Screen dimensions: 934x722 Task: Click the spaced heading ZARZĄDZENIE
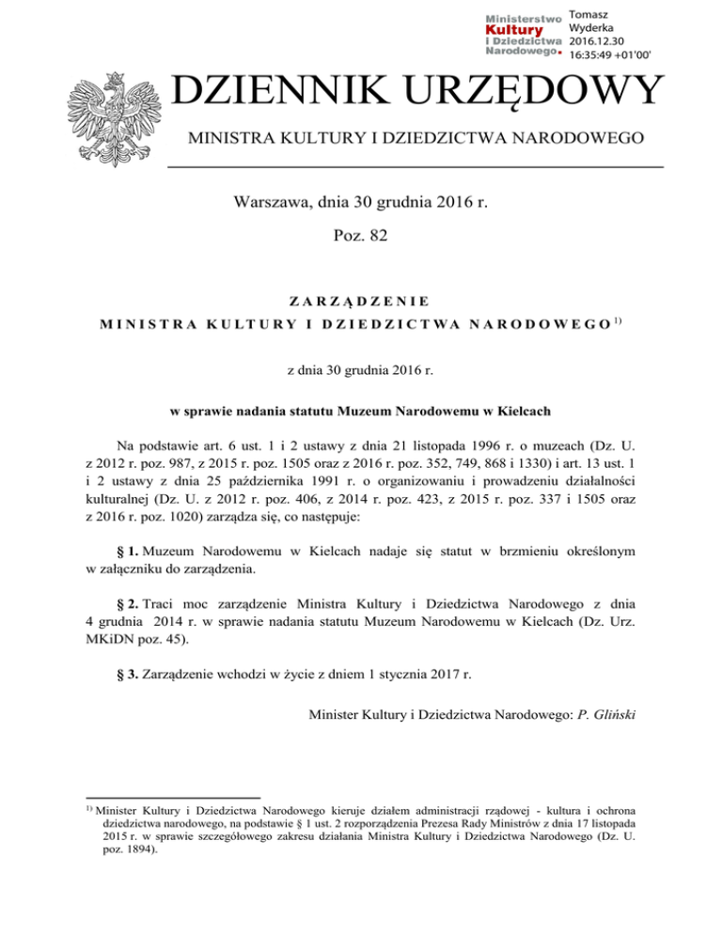point(361,301)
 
